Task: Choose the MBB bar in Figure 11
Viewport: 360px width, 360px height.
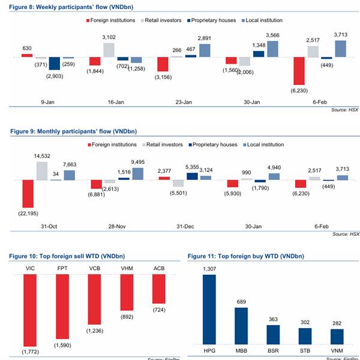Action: click(x=241, y=325)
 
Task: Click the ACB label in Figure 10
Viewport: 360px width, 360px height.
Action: click(x=158, y=269)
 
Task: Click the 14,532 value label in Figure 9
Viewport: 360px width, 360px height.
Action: click(x=41, y=157)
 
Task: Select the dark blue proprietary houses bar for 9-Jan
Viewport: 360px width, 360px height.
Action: click(x=55, y=64)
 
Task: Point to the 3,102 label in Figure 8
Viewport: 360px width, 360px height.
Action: click(x=109, y=37)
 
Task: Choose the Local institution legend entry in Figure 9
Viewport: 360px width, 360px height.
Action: click(x=262, y=145)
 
